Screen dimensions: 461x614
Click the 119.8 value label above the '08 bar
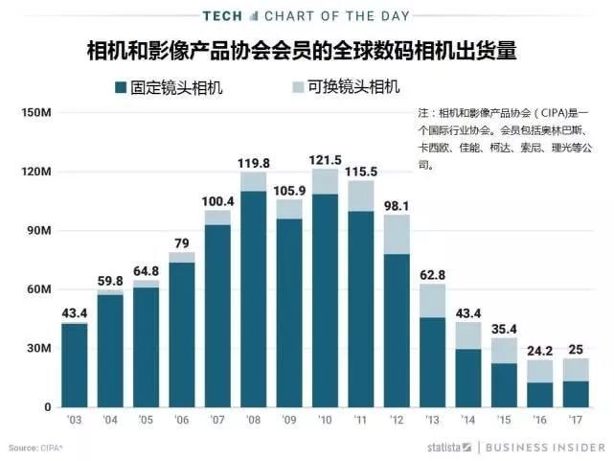(253, 163)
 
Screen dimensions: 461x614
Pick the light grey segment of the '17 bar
(576, 369)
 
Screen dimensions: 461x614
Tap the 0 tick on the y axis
(46, 407)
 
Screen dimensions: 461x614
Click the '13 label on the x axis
(432, 422)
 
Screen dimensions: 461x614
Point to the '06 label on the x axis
(181, 422)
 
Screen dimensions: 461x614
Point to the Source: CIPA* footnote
(35, 448)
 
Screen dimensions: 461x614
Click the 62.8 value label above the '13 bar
(432, 276)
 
